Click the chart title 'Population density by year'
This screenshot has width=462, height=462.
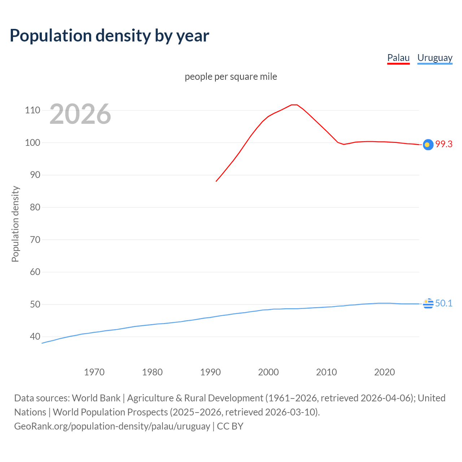click(x=109, y=35)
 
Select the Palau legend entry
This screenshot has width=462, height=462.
click(x=398, y=58)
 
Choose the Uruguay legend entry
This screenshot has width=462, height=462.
click(x=435, y=58)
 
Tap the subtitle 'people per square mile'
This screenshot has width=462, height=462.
click(x=231, y=77)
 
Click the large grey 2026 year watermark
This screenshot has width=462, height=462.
click(x=80, y=114)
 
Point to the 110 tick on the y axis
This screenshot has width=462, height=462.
click(x=32, y=110)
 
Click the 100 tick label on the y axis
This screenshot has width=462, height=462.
click(x=32, y=143)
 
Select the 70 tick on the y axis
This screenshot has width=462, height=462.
click(x=35, y=240)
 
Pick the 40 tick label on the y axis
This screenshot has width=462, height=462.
click(x=35, y=336)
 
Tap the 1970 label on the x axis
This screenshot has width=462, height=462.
click(x=94, y=372)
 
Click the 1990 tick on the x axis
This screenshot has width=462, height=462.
click(x=210, y=372)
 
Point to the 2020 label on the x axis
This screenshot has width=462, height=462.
click(x=384, y=372)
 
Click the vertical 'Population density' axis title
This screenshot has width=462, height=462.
click(x=15, y=224)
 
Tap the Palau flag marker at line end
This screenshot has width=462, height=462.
click(x=428, y=144)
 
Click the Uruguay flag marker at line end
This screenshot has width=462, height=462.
click(x=428, y=304)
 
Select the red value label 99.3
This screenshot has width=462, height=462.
click(x=444, y=144)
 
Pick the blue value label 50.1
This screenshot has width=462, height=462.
click(x=444, y=303)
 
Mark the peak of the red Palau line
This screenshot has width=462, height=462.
click(x=294, y=105)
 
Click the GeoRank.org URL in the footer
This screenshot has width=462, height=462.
click(x=112, y=426)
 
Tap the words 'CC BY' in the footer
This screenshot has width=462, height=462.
click(x=230, y=426)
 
